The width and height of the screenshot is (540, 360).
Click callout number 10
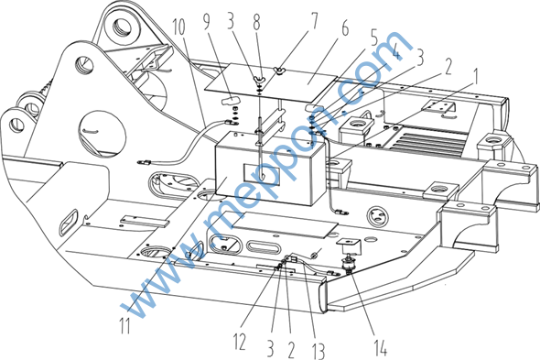178,27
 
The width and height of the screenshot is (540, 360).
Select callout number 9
206,21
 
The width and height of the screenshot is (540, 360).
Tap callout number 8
256,22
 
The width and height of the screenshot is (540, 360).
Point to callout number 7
314,21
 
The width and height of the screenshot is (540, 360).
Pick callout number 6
345,28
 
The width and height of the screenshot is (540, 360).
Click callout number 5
374,38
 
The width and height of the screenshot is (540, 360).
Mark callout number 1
475,77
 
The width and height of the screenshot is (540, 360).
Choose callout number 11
124,325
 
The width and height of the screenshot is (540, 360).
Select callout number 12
240,342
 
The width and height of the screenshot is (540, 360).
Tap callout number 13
318,350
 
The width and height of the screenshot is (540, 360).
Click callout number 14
381,347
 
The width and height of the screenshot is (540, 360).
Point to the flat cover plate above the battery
271,82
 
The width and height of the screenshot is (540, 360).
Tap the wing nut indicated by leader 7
278,71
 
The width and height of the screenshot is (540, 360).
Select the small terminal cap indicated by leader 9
230,101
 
